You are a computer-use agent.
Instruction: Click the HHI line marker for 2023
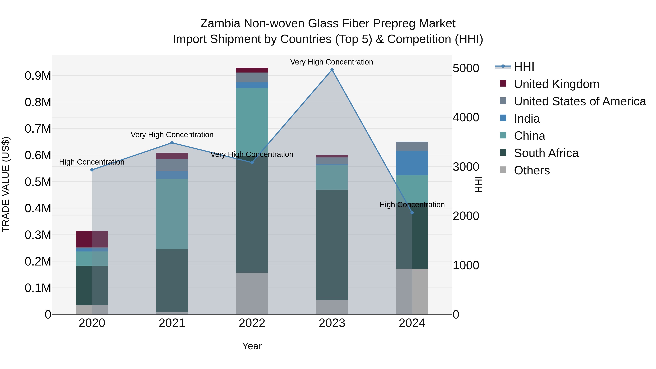pyautogui.click(x=332, y=70)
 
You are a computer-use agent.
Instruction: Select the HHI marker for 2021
pyautogui.click(x=172, y=143)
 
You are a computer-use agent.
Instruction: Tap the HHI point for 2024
pyautogui.click(x=412, y=213)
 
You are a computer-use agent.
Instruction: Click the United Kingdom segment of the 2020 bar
pyautogui.click(x=92, y=239)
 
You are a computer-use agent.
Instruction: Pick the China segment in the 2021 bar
pyautogui.click(x=172, y=214)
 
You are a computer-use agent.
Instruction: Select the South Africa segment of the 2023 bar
pyautogui.click(x=332, y=245)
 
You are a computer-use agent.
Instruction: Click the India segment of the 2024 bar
pyautogui.click(x=412, y=163)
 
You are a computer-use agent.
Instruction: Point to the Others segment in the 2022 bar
pyautogui.click(x=252, y=293)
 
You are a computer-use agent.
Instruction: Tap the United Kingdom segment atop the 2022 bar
pyautogui.click(x=252, y=70)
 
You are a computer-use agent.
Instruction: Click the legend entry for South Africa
pyautogui.click(x=546, y=153)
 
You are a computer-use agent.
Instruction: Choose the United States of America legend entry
pyautogui.click(x=580, y=101)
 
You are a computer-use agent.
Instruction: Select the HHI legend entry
pyautogui.click(x=524, y=67)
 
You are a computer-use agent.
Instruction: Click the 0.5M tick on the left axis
pyautogui.click(x=38, y=182)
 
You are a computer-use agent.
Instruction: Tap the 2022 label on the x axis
pyautogui.click(x=252, y=323)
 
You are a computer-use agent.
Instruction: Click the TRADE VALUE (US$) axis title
pyautogui.click(x=6, y=184)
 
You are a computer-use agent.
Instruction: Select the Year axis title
pyautogui.click(x=252, y=346)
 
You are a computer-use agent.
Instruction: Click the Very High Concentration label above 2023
pyautogui.click(x=332, y=62)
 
